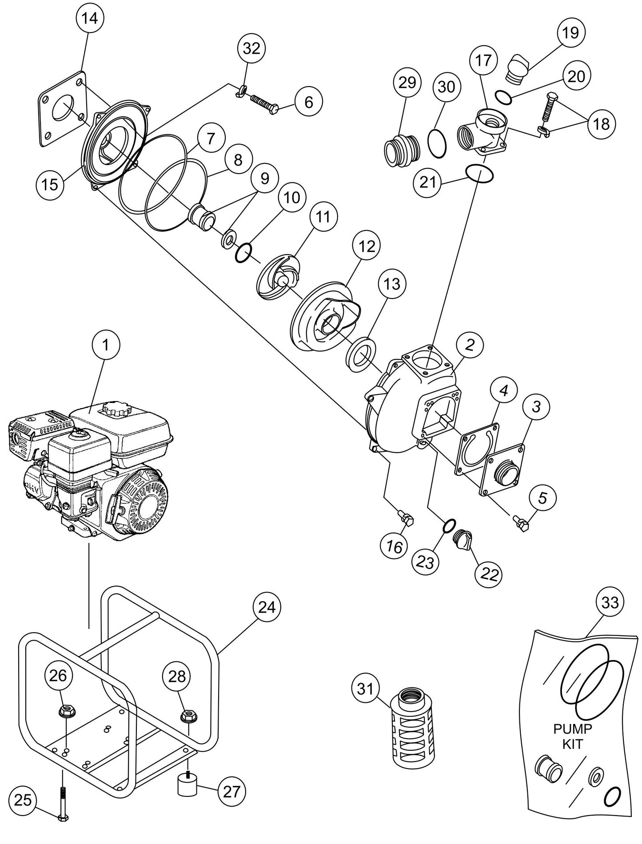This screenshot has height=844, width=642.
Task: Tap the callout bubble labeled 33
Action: pos(610,602)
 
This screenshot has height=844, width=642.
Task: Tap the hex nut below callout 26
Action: pos(67,710)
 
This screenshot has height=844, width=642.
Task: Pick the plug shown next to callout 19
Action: pos(518,68)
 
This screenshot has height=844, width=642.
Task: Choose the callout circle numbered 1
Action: pos(106,345)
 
